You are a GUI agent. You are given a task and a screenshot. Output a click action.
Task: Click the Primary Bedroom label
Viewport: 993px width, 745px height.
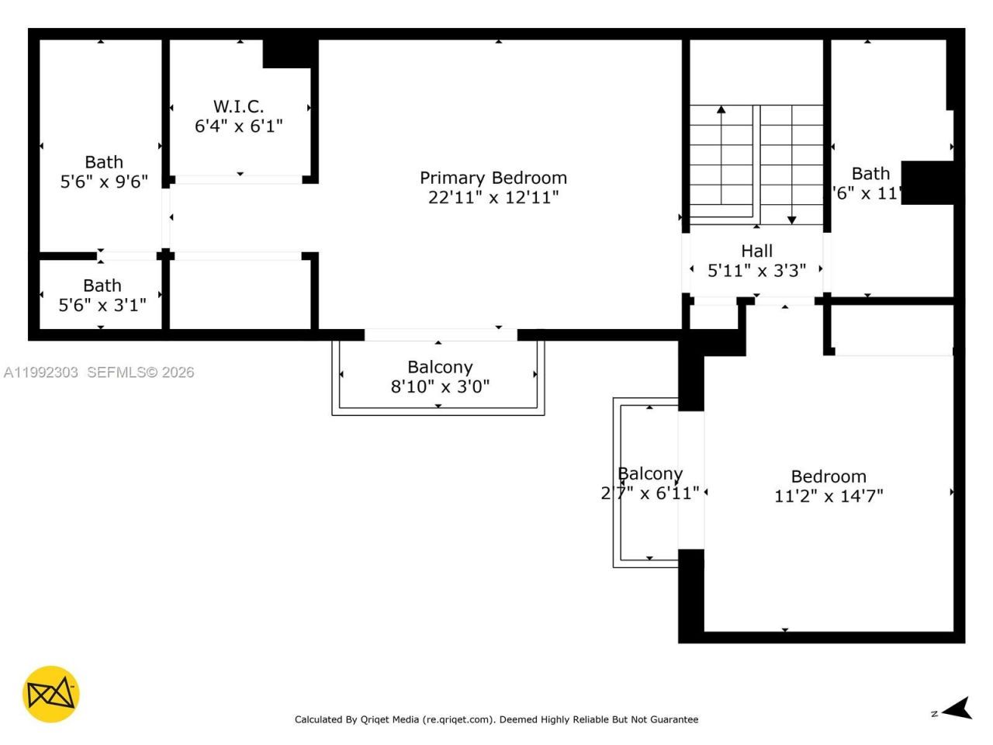coord(493,178)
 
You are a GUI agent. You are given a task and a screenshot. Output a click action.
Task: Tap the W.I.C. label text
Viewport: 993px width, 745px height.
coord(238,106)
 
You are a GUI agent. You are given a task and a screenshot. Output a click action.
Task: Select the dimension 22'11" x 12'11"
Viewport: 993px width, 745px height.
coord(493,197)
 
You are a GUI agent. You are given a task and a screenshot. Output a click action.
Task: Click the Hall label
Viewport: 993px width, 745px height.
coord(756,251)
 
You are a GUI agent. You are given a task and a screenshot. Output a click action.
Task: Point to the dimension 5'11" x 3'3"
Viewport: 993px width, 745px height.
coord(756,270)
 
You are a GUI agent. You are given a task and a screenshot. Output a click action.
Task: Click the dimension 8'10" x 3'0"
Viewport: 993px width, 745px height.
coord(440,386)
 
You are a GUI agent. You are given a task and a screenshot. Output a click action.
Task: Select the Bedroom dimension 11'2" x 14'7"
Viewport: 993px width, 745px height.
coord(829,496)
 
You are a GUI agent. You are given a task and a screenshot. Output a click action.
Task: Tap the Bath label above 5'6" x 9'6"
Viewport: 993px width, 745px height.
coord(104,162)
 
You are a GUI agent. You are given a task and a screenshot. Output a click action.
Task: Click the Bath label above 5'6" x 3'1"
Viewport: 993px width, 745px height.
coord(102,286)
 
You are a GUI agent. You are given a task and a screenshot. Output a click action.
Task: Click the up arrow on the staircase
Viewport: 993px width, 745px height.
coord(721,111)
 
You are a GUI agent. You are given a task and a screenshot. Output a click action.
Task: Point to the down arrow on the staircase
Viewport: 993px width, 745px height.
coord(791,220)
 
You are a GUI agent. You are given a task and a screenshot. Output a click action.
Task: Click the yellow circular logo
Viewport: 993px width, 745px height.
coord(50,694)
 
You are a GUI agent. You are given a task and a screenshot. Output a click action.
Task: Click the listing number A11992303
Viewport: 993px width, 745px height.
coord(41,372)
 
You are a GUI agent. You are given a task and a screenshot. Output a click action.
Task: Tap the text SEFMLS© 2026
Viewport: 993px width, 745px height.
coord(140,372)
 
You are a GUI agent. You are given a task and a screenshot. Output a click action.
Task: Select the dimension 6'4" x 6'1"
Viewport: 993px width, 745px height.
coord(238,126)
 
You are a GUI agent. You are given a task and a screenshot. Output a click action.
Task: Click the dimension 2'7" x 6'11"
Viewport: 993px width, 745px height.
coord(650,493)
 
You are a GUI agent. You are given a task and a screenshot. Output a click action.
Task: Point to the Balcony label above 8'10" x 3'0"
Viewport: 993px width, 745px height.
coord(440,367)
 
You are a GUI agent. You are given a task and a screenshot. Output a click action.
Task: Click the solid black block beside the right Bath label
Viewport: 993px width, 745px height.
coord(927,183)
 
